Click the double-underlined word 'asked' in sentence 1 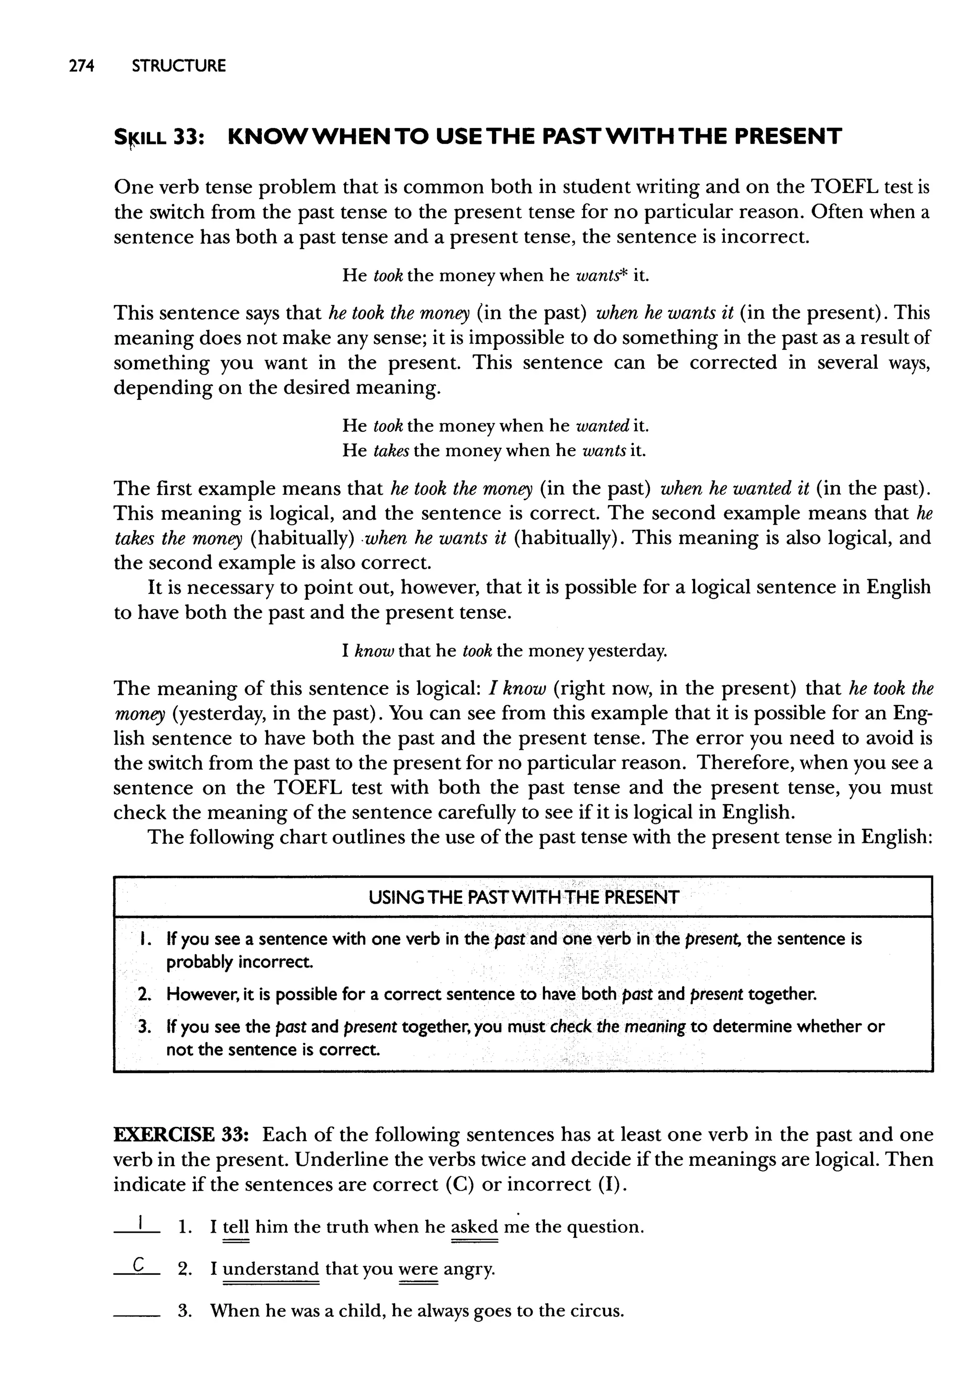[474, 1227]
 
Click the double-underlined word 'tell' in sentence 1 [236, 1227]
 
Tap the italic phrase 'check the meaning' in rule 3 [618, 1026]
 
